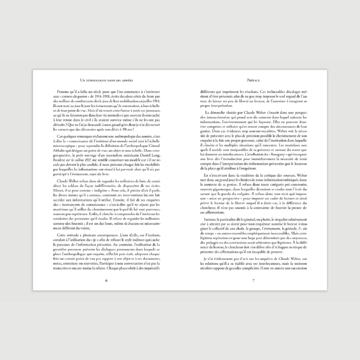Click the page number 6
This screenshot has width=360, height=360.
click(106, 280)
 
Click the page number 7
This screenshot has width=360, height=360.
click(253, 280)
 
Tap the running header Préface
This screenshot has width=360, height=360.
click(253, 80)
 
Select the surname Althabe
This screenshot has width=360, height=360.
click(60, 151)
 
